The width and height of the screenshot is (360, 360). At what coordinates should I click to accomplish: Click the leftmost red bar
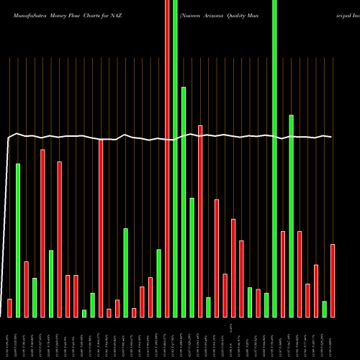9,307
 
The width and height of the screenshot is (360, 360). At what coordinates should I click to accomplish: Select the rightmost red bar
333,280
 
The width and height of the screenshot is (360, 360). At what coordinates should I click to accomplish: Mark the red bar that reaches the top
168,158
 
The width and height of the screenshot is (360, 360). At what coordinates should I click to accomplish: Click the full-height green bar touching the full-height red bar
176,158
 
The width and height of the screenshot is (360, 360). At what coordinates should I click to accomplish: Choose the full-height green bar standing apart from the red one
274,158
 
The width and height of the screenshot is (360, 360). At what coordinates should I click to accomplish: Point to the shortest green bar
84,313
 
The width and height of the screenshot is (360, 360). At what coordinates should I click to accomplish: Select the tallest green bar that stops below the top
184,202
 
